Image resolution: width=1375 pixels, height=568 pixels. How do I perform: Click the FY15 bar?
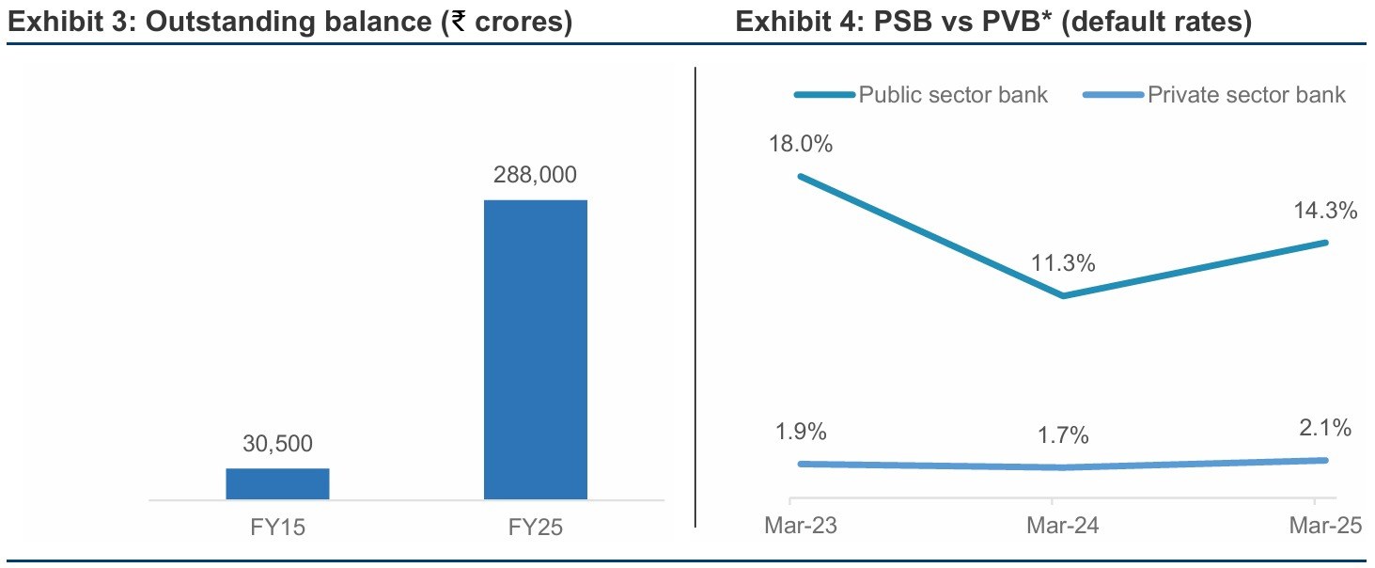point(277,483)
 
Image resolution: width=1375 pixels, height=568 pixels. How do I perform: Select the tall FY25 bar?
point(535,349)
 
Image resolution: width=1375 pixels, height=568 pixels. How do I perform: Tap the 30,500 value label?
point(277,444)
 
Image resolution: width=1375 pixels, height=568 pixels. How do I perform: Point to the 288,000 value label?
point(535,175)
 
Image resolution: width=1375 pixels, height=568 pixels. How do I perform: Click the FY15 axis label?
point(276,528)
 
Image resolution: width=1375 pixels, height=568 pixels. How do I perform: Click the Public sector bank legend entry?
point(953,95)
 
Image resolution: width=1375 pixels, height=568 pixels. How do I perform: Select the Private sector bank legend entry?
point(1246,95)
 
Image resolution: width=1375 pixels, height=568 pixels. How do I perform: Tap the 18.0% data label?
point(801,145)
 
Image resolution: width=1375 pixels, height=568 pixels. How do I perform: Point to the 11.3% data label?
point(1062,264)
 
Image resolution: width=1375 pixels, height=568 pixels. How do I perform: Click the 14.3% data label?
point(1324,212)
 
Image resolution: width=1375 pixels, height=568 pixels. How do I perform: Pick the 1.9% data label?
point(801,433)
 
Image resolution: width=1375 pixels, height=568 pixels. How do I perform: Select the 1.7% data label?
point(1062,436)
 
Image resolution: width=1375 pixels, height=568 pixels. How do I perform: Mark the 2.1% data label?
point(1324,429)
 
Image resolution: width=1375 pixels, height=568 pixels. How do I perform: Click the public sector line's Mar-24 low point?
point(1062,295)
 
